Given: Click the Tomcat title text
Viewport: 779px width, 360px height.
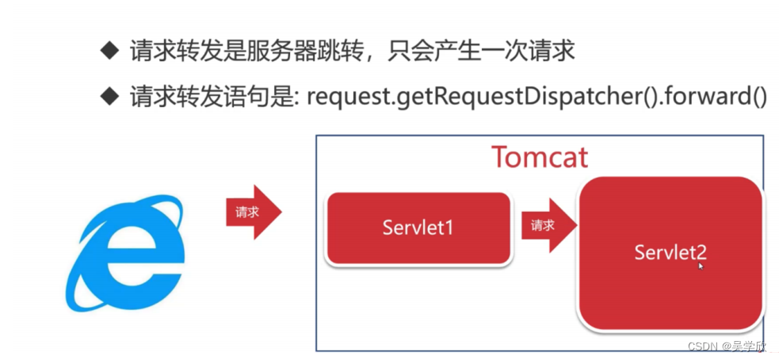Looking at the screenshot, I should (540, 157).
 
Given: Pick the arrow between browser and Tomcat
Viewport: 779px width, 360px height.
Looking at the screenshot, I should (253, 213).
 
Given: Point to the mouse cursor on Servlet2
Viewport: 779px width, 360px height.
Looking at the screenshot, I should (701, 267).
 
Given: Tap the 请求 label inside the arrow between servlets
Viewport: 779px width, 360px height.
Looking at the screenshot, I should (543, 225).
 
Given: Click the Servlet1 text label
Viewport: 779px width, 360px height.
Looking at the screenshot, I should (418, 228).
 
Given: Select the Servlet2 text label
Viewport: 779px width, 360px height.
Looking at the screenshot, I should (670, 252).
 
